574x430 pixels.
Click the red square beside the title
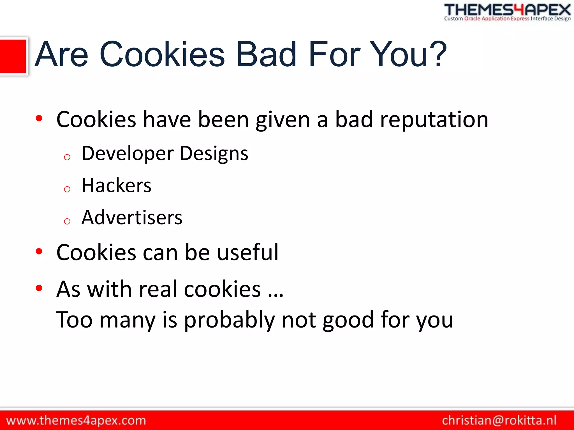click(x=13, y=57)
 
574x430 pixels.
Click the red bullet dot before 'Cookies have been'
click(x=39, y=118)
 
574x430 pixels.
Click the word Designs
click(x=214, y=154)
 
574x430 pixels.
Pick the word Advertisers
click(x=132, y=218)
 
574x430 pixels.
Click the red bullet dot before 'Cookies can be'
click(x=39, y=251)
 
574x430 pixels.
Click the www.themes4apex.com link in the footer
click(x=76, y=420)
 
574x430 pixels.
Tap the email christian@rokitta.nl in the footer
click(x=499, y=420)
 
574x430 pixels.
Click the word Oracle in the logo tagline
click(x=472, y=19)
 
